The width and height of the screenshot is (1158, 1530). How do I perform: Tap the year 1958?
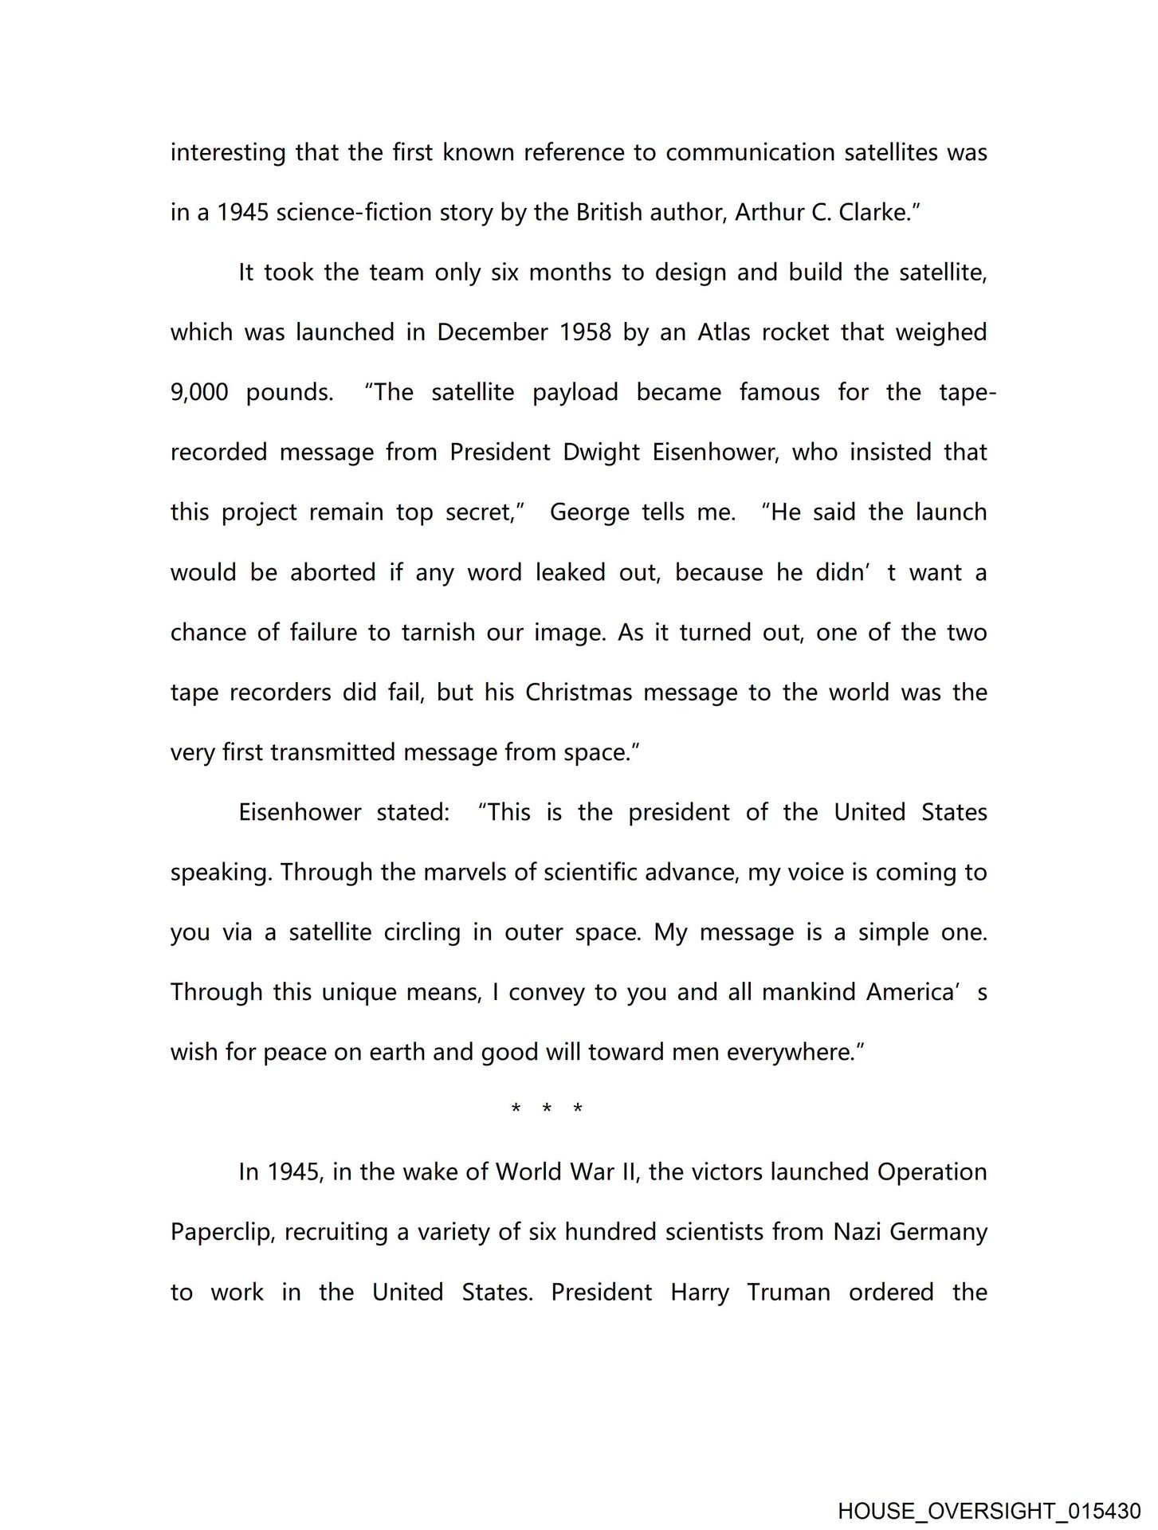coord(586,332)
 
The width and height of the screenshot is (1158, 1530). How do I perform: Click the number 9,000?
coord(199,393)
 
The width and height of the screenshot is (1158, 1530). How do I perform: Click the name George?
coord(589,512)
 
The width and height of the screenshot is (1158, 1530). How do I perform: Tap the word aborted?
coord(332,573)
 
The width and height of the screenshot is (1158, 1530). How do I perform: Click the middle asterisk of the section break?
coord(547,1109)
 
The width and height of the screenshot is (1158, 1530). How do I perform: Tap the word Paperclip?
coord(222,1233)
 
